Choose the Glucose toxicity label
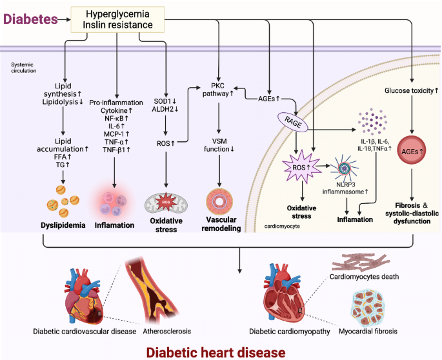[x=411, y=91]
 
